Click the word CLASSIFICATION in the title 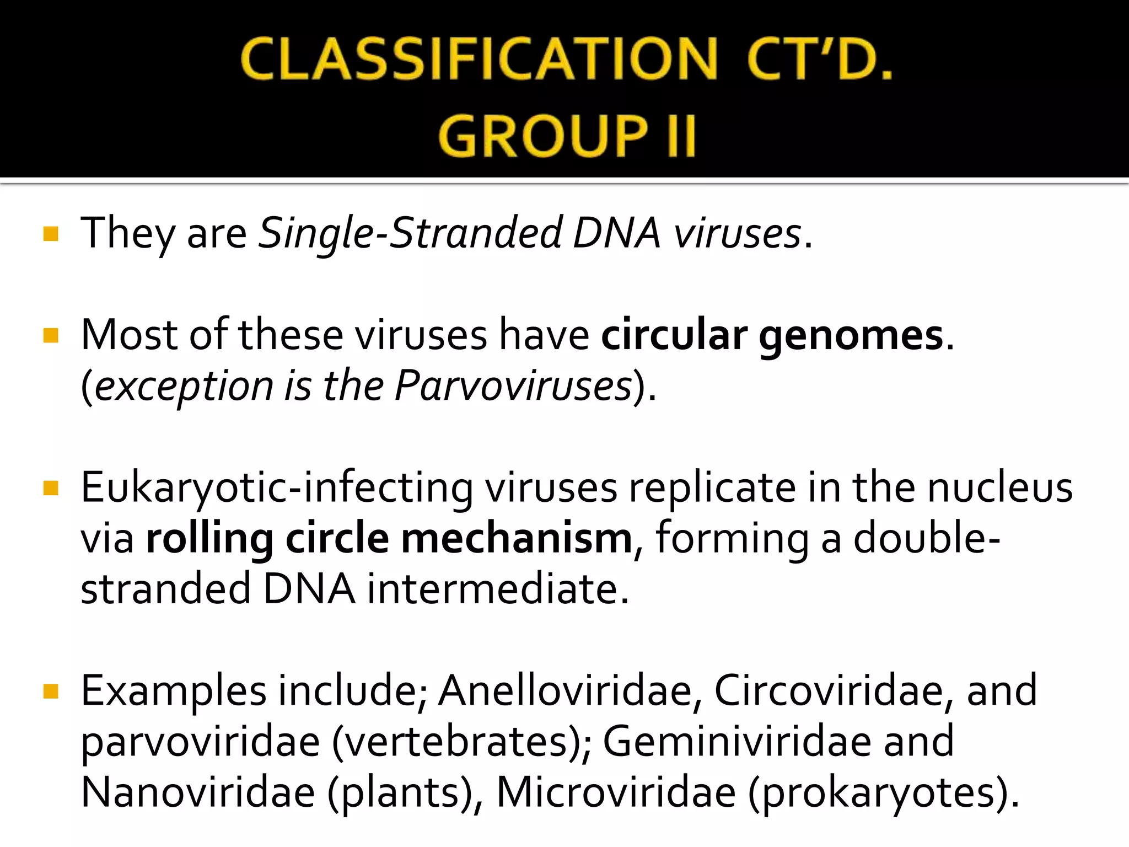coord(479,59)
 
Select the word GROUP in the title coord(543,136)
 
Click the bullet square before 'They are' coord(50,234)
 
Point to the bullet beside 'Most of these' coord(50,336)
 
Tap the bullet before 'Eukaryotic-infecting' coord(50,489)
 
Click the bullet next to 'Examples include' coord(50,691)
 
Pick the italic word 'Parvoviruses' coord(513,386)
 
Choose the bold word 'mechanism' coord(516,539)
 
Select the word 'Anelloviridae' coord(565,691)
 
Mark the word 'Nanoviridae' coord(198,793)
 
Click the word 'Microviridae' coord(616,793)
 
